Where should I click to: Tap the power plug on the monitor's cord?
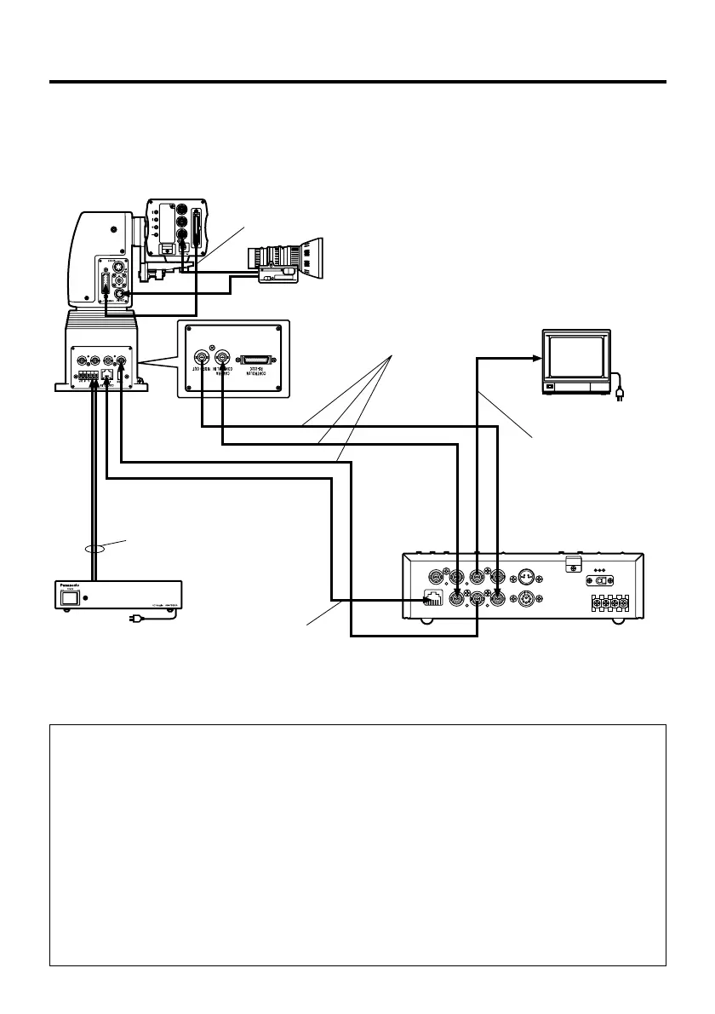pyautogui.click(x=620, y=395)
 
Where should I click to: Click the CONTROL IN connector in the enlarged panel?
pyautogui.click(x=223, y=357)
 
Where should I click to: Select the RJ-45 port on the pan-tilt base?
pyautogui.click(x=106, y=374)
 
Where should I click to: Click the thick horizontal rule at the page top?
pyautogui.click(x=357, y=82)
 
